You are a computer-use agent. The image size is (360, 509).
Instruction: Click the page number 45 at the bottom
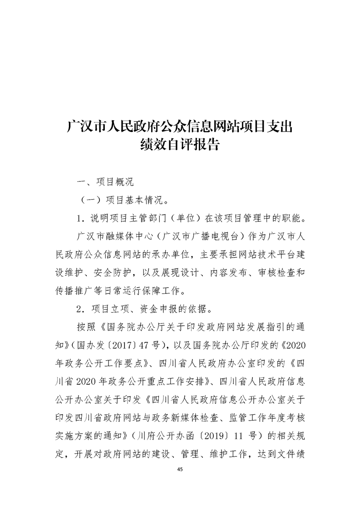180,469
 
